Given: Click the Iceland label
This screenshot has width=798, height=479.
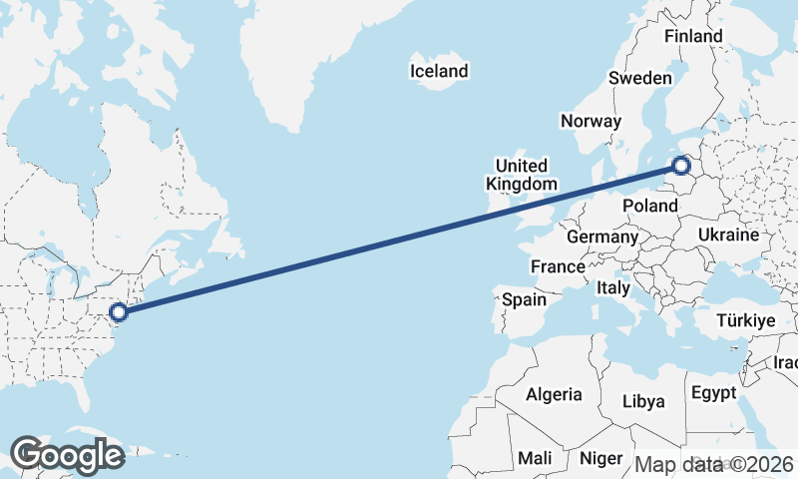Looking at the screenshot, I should coord(439,71).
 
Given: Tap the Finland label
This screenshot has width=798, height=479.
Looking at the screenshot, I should coord(693,36).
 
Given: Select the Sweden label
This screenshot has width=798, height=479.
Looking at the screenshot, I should coord(640,78).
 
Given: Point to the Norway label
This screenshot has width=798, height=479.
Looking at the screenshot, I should coord(592,121).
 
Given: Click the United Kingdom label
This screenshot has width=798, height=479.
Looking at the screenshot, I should coord(522,175).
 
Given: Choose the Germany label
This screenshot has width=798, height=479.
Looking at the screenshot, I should coord(601,238).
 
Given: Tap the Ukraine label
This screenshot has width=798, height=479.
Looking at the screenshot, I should coord(730,235).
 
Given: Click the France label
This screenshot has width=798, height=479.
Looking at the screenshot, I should coord(558,266).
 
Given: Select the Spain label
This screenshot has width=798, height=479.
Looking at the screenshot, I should coord(524,298).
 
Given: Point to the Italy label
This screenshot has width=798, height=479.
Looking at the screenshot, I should coord(613,287).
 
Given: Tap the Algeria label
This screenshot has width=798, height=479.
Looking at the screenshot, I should coord(554,394).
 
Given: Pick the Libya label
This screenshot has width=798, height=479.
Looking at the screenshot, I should coord(642,401).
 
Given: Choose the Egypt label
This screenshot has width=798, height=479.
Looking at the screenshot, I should coord(713,391).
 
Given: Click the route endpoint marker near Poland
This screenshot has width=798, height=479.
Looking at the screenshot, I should coord(682,166).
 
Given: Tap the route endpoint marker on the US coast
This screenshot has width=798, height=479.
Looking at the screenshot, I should coord(119,312).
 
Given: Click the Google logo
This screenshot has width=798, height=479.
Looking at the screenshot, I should coord(67,455).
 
